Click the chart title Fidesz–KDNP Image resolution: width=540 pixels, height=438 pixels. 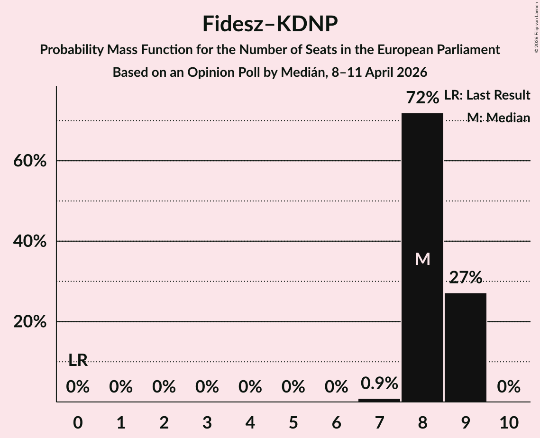[270, 24]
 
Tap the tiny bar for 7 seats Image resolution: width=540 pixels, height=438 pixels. [379, 400]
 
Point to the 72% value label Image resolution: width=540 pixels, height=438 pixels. [422, 98]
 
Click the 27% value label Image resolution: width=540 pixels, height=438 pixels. [465, 277]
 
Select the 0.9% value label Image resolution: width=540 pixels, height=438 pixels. [379, 383]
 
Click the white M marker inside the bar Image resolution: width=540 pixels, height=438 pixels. [422, 259]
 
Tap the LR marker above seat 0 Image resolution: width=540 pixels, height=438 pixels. [78, 360]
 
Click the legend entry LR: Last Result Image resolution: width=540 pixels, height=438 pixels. [487, 95]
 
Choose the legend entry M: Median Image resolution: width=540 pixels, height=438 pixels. [498, 118]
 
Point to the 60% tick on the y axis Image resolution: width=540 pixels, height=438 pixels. [29, 161]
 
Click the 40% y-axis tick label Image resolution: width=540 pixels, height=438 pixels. [29, 241]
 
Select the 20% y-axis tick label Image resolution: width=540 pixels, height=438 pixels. [29, 322]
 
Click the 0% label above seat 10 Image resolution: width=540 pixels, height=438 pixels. [508, 387]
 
